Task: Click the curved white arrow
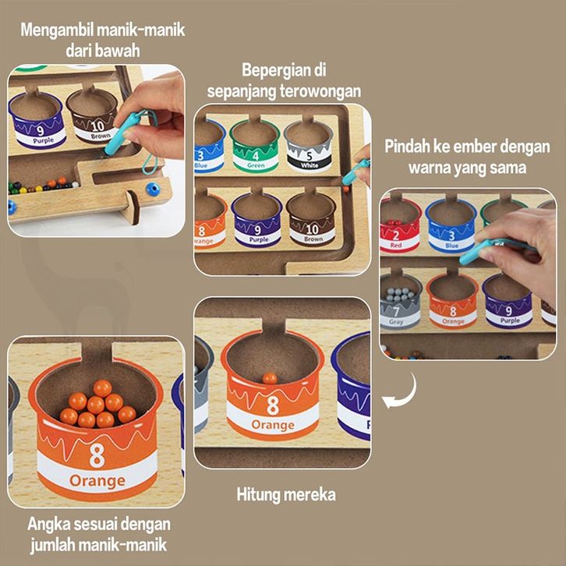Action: click(x=402, y=391)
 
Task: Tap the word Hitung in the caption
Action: click(x=259, y=494)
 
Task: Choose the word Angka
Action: click(x=46, y=524)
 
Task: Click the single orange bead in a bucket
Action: click(x=270, y=378)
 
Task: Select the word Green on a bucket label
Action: click(x=254, y=164)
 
